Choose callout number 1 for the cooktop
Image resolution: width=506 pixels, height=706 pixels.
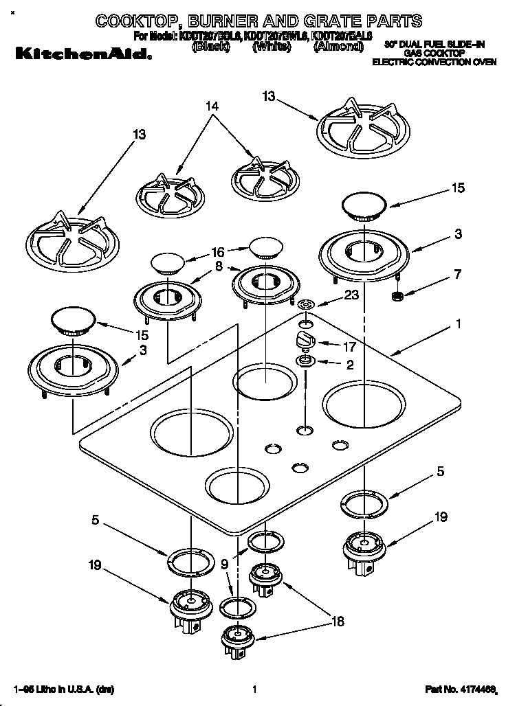click(x=459, y=323)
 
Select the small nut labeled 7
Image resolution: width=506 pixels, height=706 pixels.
click(x=397, y=296)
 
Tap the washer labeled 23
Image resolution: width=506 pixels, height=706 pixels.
click(x=307, y=304)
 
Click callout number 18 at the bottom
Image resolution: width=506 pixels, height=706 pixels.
click(x=338, y=622)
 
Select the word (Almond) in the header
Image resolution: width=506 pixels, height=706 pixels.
click(x=338, y=47)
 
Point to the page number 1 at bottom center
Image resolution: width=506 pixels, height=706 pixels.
click(x=254, y=689)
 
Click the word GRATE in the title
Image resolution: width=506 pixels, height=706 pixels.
click(x=323, y=21)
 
